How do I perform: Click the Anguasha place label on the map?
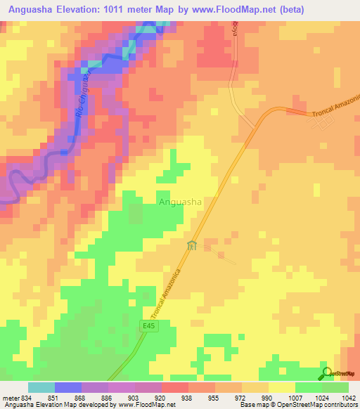click(x=181, y=202)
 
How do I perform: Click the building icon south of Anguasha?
click(x=192, y=245)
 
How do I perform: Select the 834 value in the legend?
click(x=25, y=396)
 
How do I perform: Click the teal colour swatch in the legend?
click(x=41, y=387)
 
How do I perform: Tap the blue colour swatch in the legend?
click(x=68, y=387)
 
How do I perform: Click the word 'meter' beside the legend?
click(x=9, y=396)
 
